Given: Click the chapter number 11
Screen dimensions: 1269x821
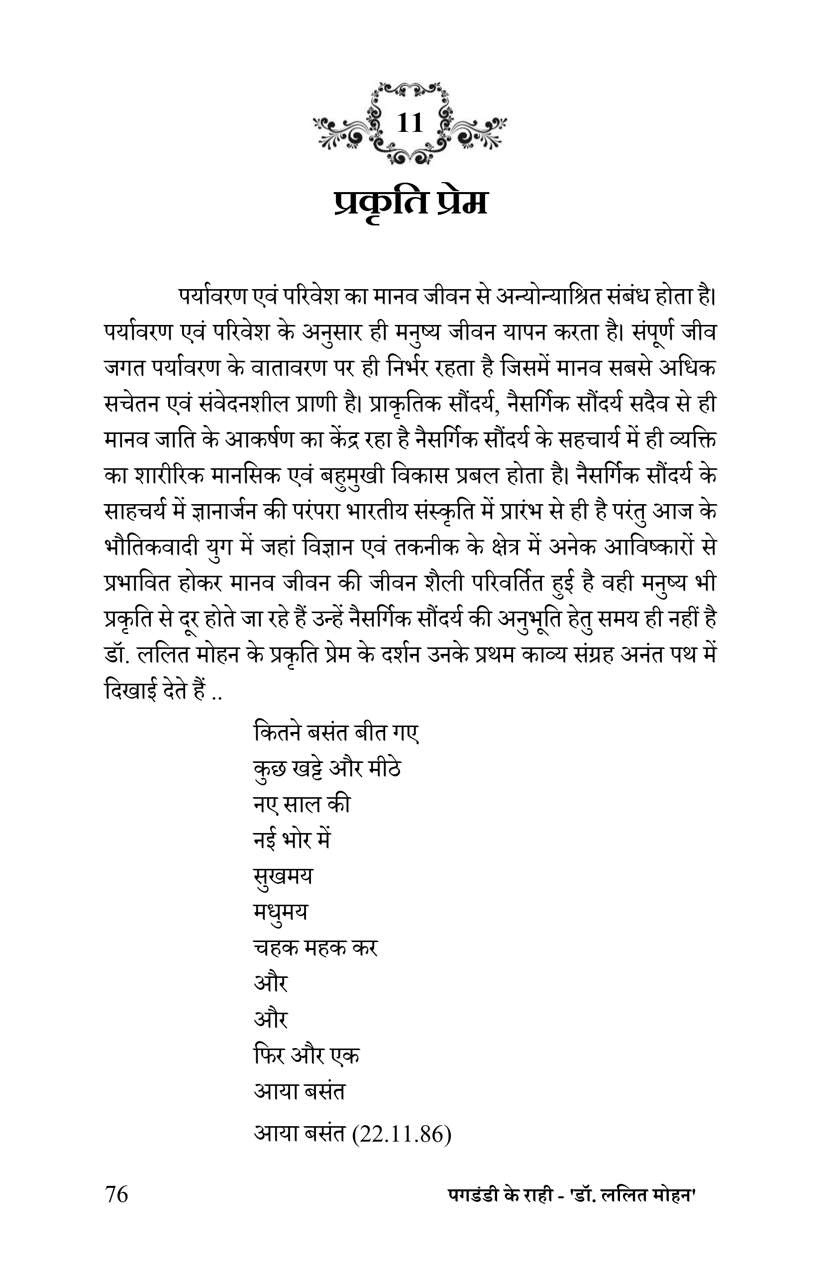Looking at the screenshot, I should tap(410, 123).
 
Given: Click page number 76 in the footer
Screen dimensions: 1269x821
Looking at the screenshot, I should tap(117, 1194).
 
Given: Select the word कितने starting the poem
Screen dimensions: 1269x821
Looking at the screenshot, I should tap(277, 734).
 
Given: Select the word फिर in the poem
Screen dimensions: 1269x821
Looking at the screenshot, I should tap(269, 1056).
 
